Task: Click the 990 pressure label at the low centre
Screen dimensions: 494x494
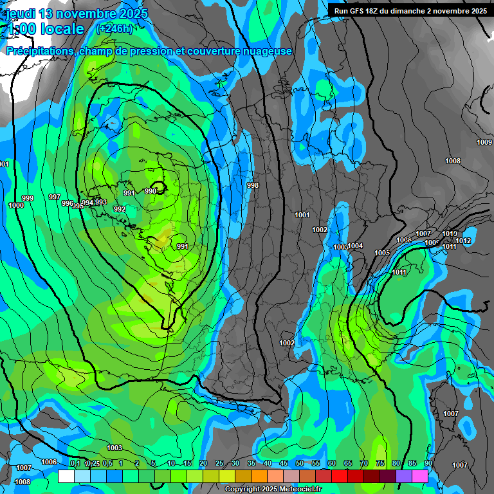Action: click(150, 191)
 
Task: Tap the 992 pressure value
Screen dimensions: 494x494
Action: click(120, 209)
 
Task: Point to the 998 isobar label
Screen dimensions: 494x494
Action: click(253, 185)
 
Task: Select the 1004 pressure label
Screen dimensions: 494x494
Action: click(356, 246)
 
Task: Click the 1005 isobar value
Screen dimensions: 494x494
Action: click(382, 253)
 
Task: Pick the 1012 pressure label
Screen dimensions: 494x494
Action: click(464, 241)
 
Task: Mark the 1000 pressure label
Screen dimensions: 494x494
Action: click(16, 205)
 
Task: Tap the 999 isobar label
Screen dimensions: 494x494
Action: click(28, 198)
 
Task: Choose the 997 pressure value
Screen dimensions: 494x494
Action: click(55, 197)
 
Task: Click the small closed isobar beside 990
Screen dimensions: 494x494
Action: click(160, 188)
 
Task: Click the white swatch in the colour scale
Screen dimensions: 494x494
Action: click(66, 476)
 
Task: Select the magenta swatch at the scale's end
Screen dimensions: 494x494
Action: click(420, 476)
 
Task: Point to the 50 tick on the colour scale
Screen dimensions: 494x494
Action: click(300, 464)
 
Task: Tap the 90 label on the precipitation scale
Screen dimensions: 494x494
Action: click(428, 464)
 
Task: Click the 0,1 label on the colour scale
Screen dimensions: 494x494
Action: click(75, 464)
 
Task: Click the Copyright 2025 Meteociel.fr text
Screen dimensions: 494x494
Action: click(273, 489)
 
